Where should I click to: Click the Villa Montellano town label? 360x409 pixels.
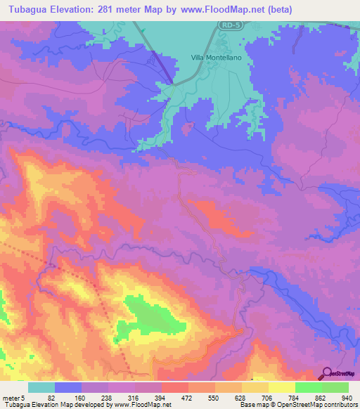[x=219, y=59]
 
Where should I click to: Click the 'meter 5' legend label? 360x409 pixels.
[x=15, y=396]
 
